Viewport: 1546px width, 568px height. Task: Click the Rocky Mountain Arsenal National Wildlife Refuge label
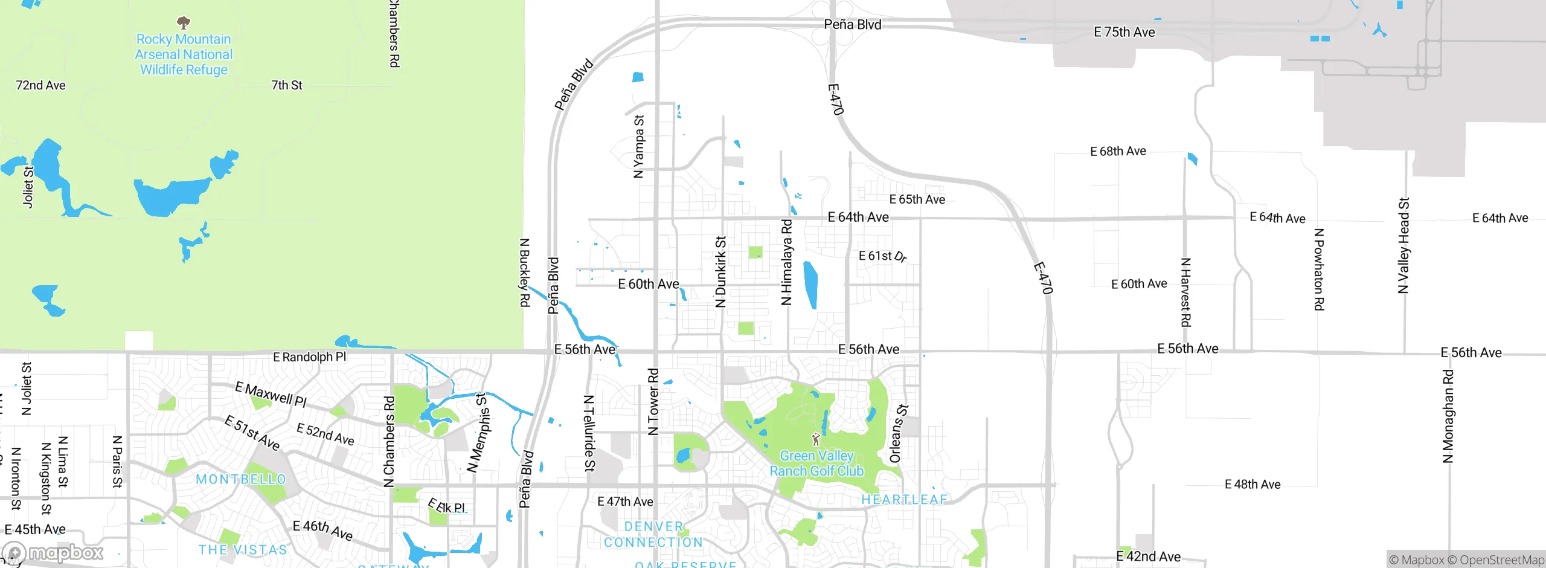click(184, 54)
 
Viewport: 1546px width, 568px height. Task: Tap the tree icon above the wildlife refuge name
click(184, 23)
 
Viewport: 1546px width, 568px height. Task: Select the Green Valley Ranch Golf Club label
click(816, 463)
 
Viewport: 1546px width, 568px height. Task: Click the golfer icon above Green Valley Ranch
click(816, 439)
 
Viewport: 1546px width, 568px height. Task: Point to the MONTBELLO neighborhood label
click(241, 479)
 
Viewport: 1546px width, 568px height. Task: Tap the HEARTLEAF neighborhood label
click(904, 500)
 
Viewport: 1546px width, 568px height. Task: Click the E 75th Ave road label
click(1124, 33)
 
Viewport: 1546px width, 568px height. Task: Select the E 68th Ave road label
click(1118, 151)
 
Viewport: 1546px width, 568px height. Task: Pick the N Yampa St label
click(638, 147)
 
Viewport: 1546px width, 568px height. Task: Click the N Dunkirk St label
click(720, 272)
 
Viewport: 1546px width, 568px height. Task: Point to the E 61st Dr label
click(882, 256)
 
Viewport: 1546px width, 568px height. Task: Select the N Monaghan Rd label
click(1448, 416)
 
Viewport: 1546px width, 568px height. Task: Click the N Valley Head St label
click(1403, 245)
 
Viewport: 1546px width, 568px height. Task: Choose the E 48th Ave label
click(1253, 485)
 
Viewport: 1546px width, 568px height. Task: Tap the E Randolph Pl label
click(309, 357)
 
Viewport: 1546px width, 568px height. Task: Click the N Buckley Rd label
click(525, 273)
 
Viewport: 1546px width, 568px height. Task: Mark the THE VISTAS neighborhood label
click(243, 550)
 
